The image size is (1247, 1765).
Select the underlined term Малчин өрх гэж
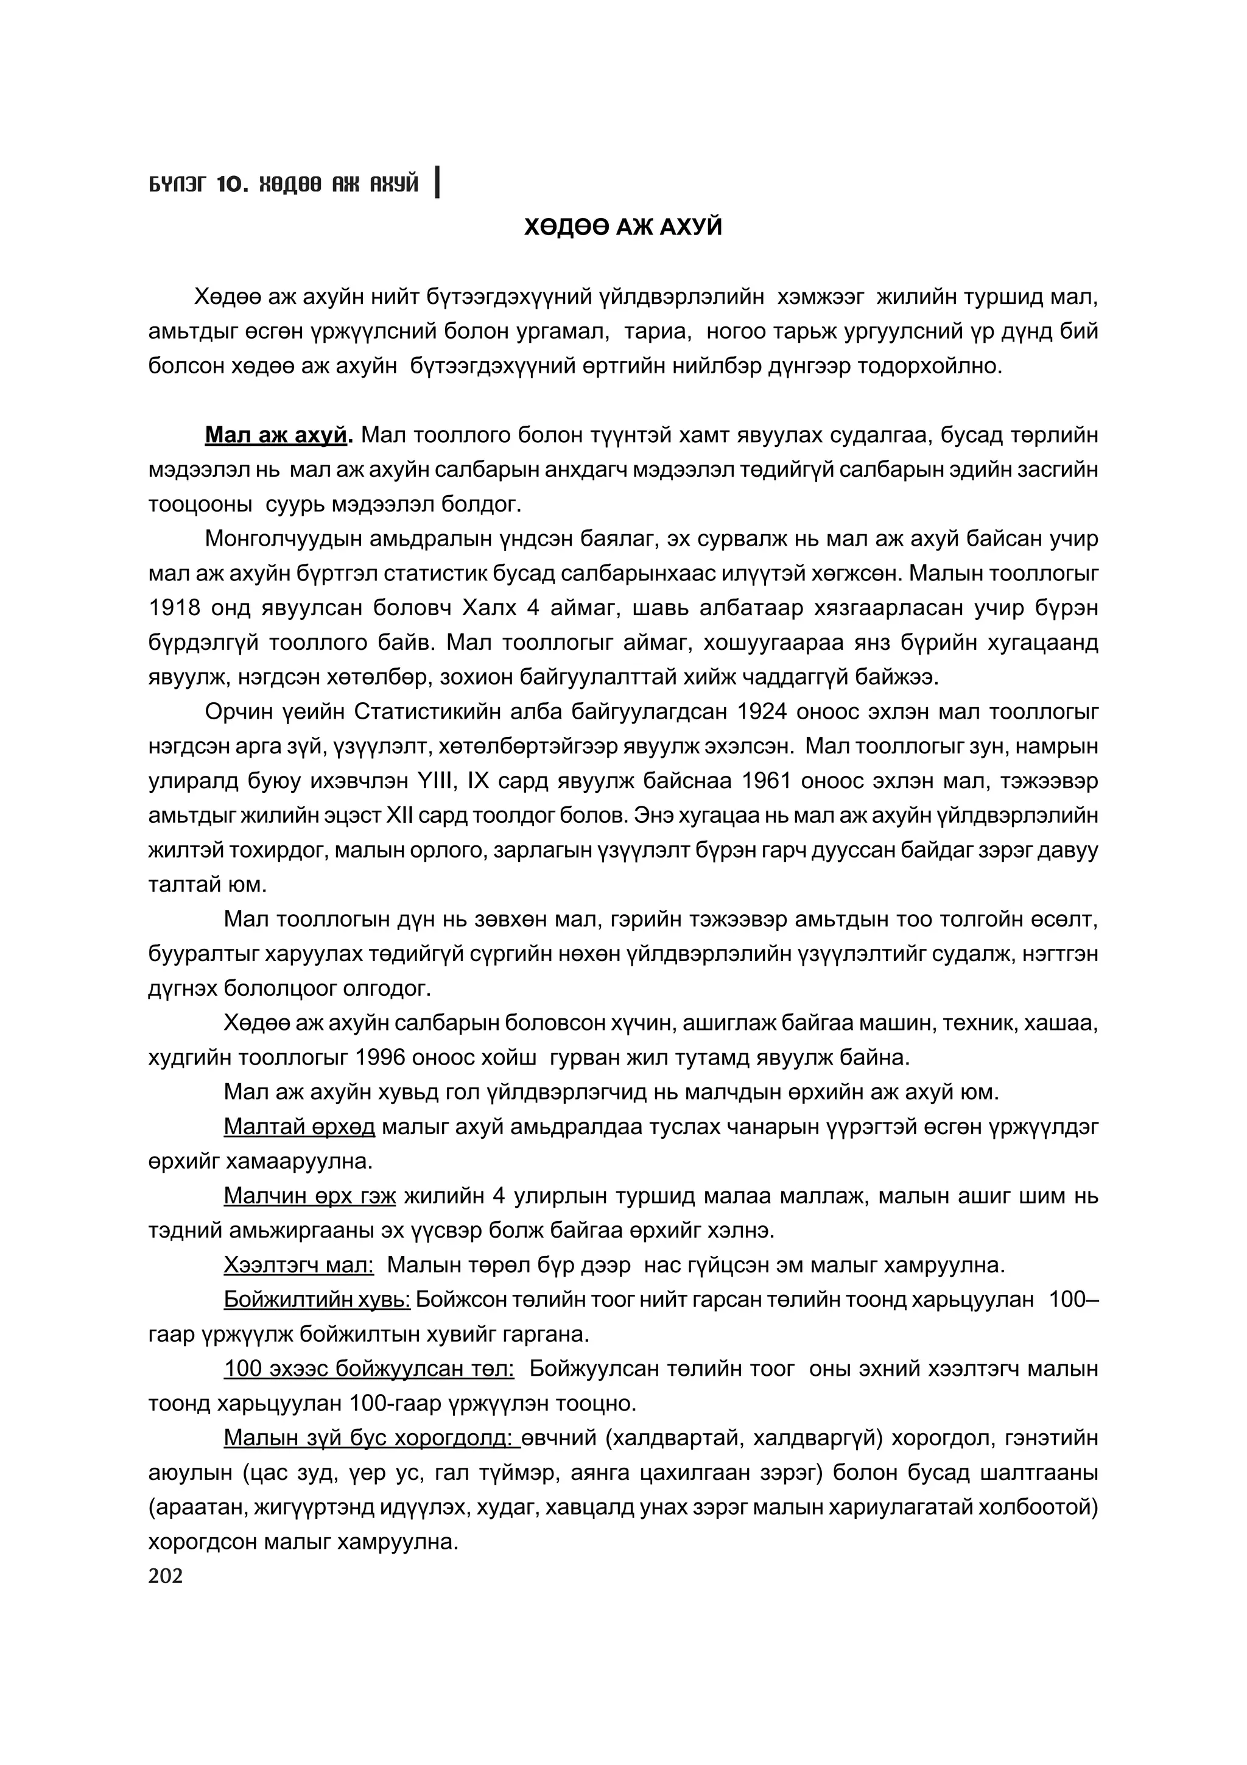click(x=310, y=1196)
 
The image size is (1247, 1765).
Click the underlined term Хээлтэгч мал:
click(x=299, y=1266)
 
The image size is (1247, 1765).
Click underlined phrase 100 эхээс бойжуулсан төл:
click(x=369, y=1369)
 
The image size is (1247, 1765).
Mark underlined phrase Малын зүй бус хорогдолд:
click(x=372, y=1439)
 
